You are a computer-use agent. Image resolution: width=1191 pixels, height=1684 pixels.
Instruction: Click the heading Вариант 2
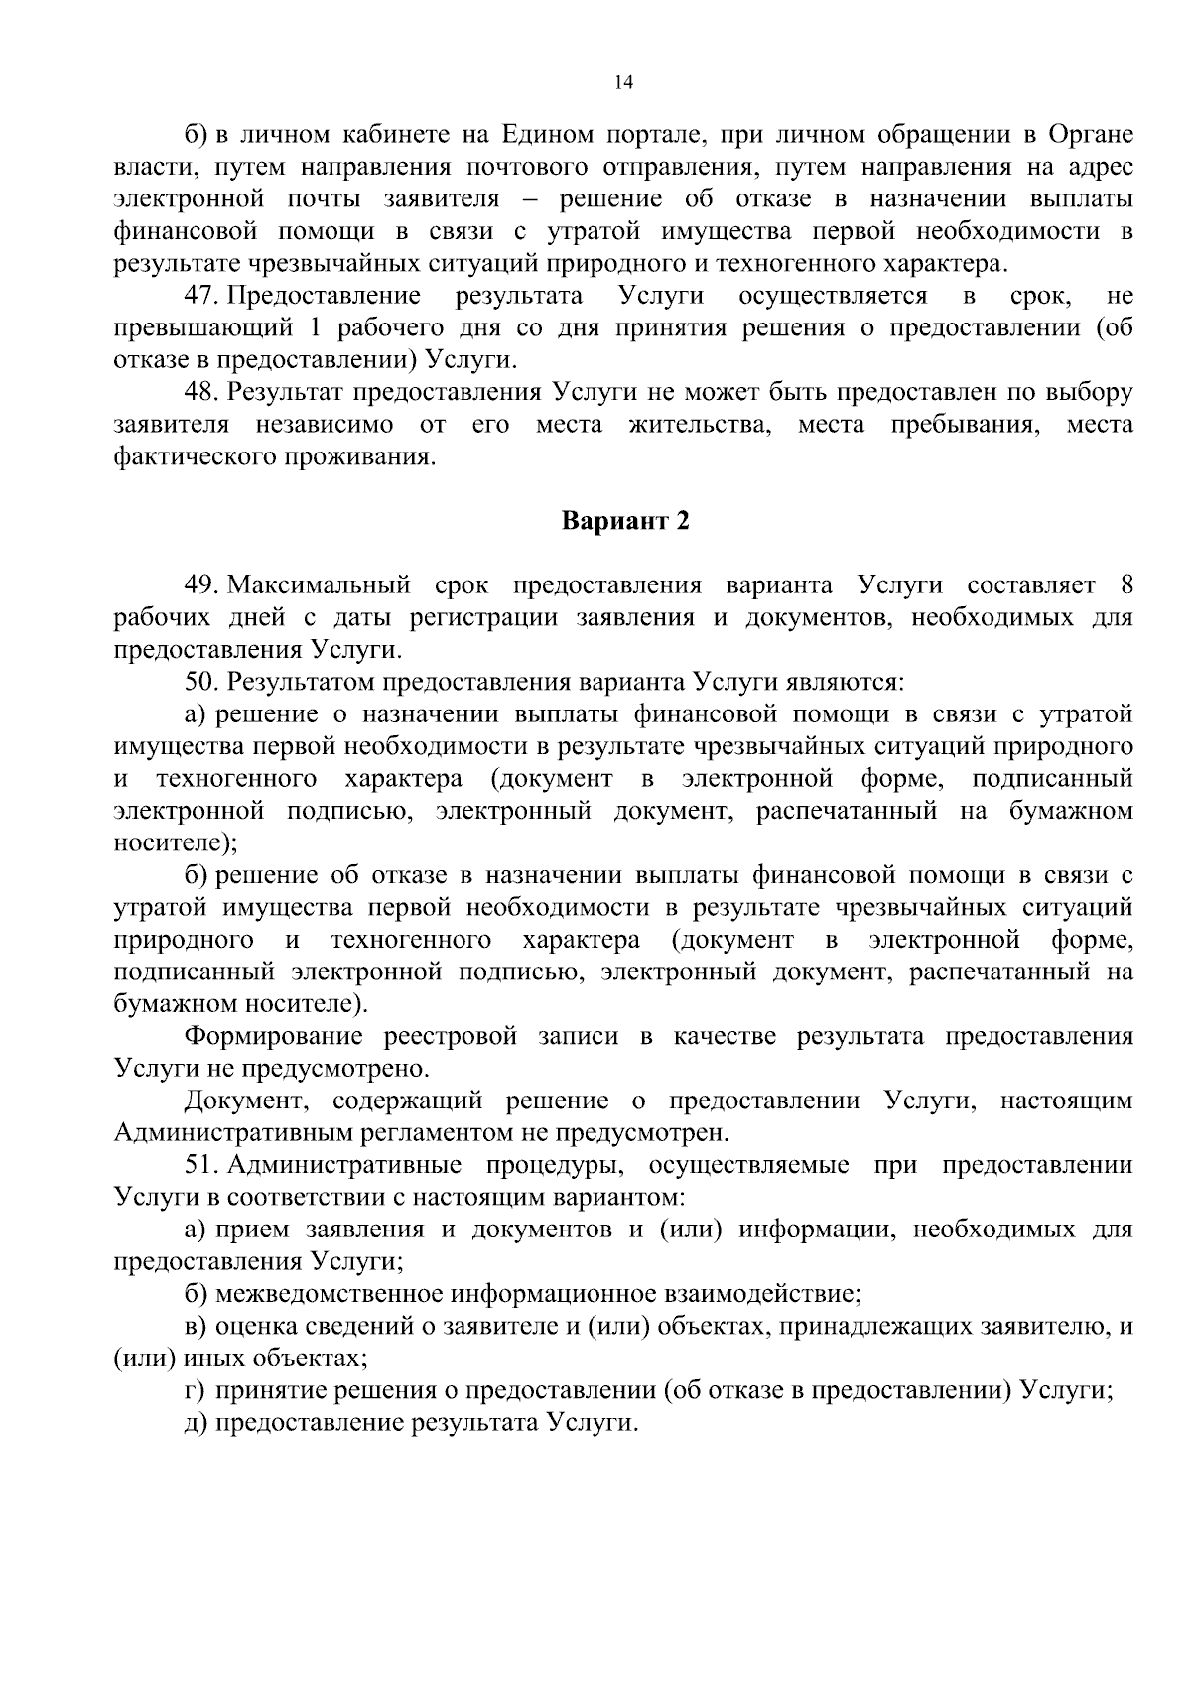[x=625, y=521]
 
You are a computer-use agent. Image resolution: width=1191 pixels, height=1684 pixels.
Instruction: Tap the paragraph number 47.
[x=201, y=297]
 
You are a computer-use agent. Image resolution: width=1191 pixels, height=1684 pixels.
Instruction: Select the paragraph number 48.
[x=201, y=393]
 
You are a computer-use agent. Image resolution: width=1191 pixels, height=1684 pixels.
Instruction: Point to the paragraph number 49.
[x=201, y=585]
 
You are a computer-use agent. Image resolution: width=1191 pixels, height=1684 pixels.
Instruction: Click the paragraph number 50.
[x=201, y=682]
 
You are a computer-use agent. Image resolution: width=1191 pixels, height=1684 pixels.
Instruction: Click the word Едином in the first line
[x=548, y=136]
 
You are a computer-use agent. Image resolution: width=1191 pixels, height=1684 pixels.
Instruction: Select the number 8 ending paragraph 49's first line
[x=1125, y=585]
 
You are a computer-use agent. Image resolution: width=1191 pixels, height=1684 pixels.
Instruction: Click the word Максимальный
[x=323, y=585]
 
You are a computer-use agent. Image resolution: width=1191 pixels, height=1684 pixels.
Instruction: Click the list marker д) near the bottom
[x=197, y=1423]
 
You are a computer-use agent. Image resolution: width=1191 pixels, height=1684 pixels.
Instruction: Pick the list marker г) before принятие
[x=195, y=1391]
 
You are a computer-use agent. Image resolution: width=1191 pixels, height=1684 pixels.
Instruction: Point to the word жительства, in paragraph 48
[x=700, y=426]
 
